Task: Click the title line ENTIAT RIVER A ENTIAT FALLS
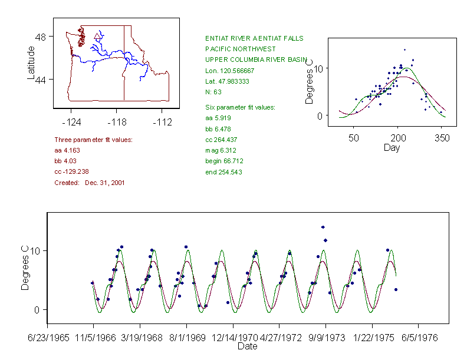(x=254, y=38)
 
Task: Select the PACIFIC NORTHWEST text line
(x=240, y=49)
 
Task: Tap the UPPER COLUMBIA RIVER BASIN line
(x=256, y=60)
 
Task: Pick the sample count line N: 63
(x=213, y=91)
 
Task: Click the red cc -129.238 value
(x=71, y=171)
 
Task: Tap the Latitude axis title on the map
(x=31, y=64)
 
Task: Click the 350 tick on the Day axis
(x=442, y=138)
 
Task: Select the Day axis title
(x=391, y=147)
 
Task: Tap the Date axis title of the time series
(x=247, y=346)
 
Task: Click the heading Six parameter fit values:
(x=240, y=107)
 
